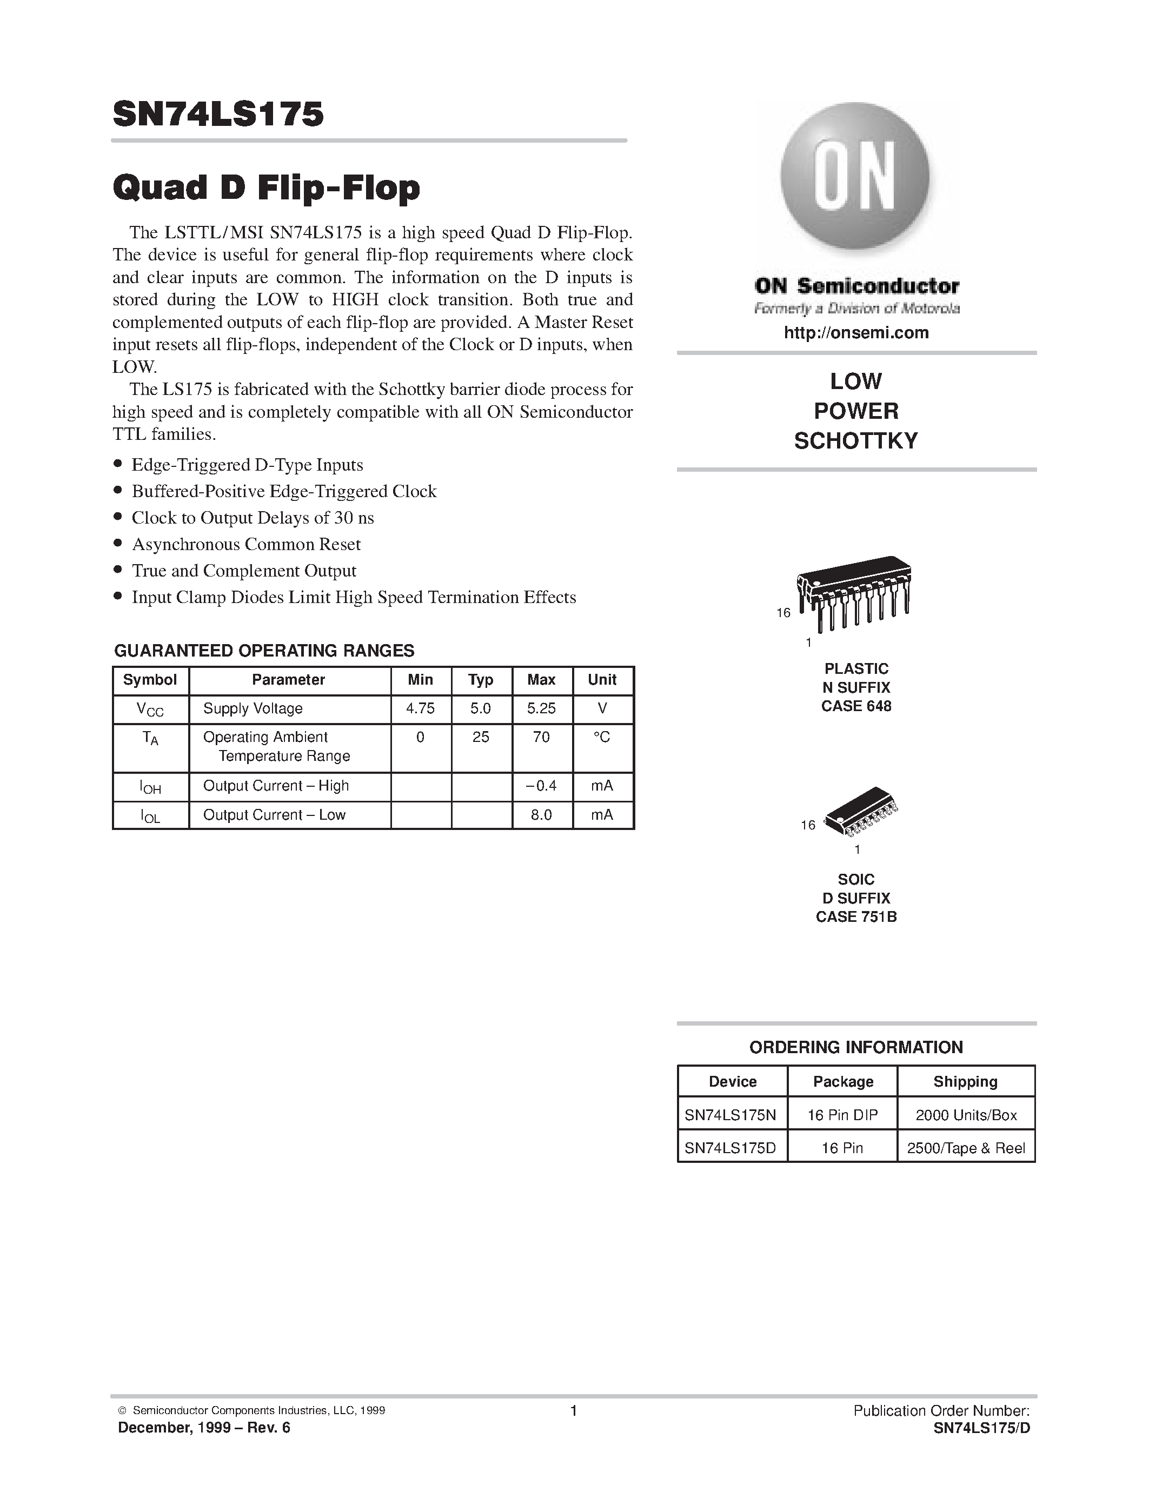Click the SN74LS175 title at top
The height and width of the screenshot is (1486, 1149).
(218, 115)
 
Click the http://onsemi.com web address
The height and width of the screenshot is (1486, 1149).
(855, 333)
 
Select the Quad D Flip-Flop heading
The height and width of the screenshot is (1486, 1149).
(266, 188)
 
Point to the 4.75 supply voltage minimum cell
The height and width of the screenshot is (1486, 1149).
(420, 708)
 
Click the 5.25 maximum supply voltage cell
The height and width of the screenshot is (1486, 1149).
(541, 708)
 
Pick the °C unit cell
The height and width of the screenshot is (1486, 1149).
(602, 738)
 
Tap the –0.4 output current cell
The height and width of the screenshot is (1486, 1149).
(541, 786)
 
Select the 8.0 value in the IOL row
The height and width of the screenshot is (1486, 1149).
(541, 815)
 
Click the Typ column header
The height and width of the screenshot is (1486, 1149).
(481, 680)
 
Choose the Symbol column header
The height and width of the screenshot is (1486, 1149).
(150, 680)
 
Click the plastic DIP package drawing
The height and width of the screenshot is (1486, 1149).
(854, 592)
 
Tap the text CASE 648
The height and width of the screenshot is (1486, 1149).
(855, 706)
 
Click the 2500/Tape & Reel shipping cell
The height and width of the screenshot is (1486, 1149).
(965, 1148)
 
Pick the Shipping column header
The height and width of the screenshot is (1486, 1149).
(965, 1082)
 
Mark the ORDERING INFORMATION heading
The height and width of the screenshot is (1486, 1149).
(855, 1047)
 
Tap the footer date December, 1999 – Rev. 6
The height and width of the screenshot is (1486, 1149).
(204, 1428)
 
